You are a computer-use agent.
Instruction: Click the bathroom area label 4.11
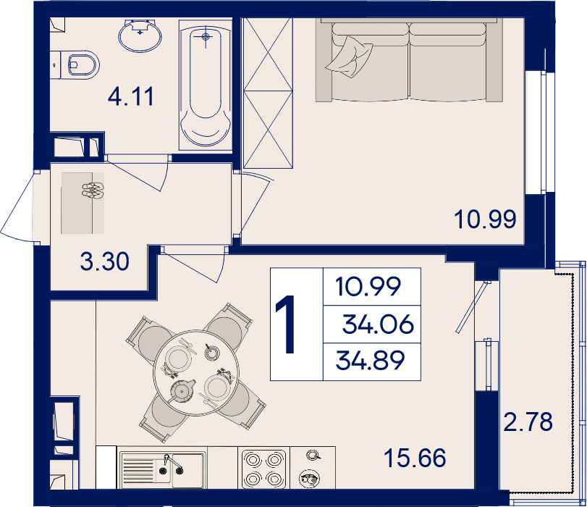click(x=131, y=96)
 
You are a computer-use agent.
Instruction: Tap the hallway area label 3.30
click(x=105, y=261)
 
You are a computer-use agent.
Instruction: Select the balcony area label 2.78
click(x=528, y=422)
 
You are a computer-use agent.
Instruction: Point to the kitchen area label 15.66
click(x=415, y=458)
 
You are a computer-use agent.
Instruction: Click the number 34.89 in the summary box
click(x=371, y=361)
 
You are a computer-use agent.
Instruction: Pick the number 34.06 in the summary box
click(x=378, y=324)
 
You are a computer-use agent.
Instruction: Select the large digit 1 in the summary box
click(x=287, y=324)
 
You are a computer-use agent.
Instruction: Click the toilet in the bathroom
click(x=80, y=65)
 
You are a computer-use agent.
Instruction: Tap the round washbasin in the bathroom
click(x=140, y=35)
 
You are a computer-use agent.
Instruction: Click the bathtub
click(x=206, y=85)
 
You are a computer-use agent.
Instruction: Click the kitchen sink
click(x=162, y=469)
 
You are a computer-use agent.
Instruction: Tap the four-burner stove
click(x=264, y=469)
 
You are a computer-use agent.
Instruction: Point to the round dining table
click(x=196, y=373)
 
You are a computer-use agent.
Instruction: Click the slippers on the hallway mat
click(x=93, y=190)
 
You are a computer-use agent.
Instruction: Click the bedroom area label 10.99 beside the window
click(x=485, y=219)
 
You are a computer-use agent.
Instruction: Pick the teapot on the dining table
click(x=182, y=390)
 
